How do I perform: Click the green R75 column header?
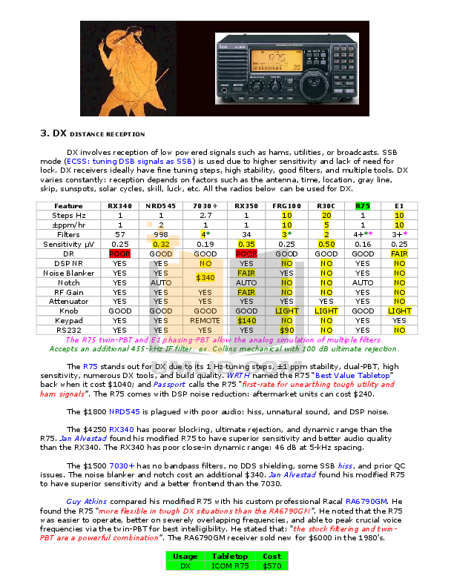(x=363, y=205)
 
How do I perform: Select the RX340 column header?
(x=119, y=205)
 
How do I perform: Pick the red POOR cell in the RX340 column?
(x=119, y=253)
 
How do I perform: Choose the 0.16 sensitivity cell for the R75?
(x=363, y=243)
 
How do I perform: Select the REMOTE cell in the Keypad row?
(x=205, y=320)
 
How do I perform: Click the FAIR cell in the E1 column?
(x=399, y=253)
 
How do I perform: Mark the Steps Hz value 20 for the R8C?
(x=326, y=215)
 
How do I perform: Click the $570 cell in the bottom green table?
(x=272, y=565)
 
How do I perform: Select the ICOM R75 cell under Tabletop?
(x=230, y=565)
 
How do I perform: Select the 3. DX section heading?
(x=53, y=134)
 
